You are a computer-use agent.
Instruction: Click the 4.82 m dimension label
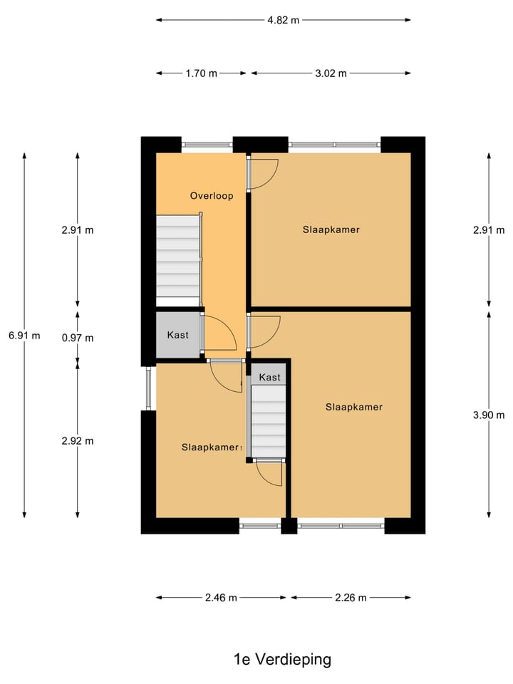tap(283, 20)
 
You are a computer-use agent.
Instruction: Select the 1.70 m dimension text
tap(202, 73)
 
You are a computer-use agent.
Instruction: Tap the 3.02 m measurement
tap(331, 73)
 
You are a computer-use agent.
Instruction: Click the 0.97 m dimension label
tap(78, 338)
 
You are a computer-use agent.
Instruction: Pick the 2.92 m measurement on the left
tap(78, 440)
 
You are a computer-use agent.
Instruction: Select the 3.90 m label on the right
tap(488, 415)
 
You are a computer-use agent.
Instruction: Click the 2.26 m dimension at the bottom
tap(351, 598)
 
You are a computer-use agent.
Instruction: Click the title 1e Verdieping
tap(283, 659)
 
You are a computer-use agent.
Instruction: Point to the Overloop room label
tap(211, 195)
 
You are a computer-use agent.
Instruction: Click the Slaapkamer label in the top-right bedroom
tap(331, 229)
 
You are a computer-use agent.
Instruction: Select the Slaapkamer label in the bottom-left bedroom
tap(209, 447)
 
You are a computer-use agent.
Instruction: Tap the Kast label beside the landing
tap(177, 334)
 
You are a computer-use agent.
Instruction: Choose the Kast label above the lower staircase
tap(269, 377)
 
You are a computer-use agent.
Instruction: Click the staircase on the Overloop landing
tap(178, 256)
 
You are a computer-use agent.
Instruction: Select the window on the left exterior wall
tap(148, 388)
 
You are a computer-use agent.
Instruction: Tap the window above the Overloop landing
tap(207, 145)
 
